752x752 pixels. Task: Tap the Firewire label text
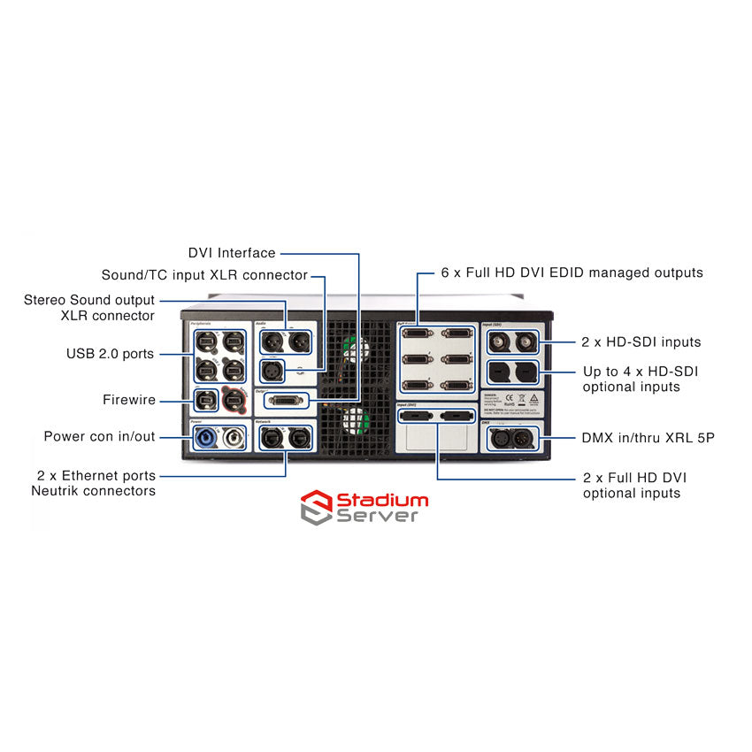(128, 401)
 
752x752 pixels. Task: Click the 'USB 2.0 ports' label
(110, 354)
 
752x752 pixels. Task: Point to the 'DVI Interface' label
(232, 254)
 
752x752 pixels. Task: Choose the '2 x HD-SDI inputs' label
(642, 342)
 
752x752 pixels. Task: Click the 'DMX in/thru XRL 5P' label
(648, 438)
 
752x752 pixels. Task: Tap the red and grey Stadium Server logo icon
(316, 507)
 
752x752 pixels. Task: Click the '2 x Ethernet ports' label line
(96, 476)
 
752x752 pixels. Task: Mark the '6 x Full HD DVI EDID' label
(572, 272)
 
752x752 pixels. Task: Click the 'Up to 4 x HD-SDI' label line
(641, 372)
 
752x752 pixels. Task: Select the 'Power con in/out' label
(99, 436)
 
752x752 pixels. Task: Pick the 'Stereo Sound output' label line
(89, 301)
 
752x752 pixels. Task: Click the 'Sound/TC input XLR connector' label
(204, 275)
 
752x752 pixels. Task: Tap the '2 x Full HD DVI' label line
(634, 478)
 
